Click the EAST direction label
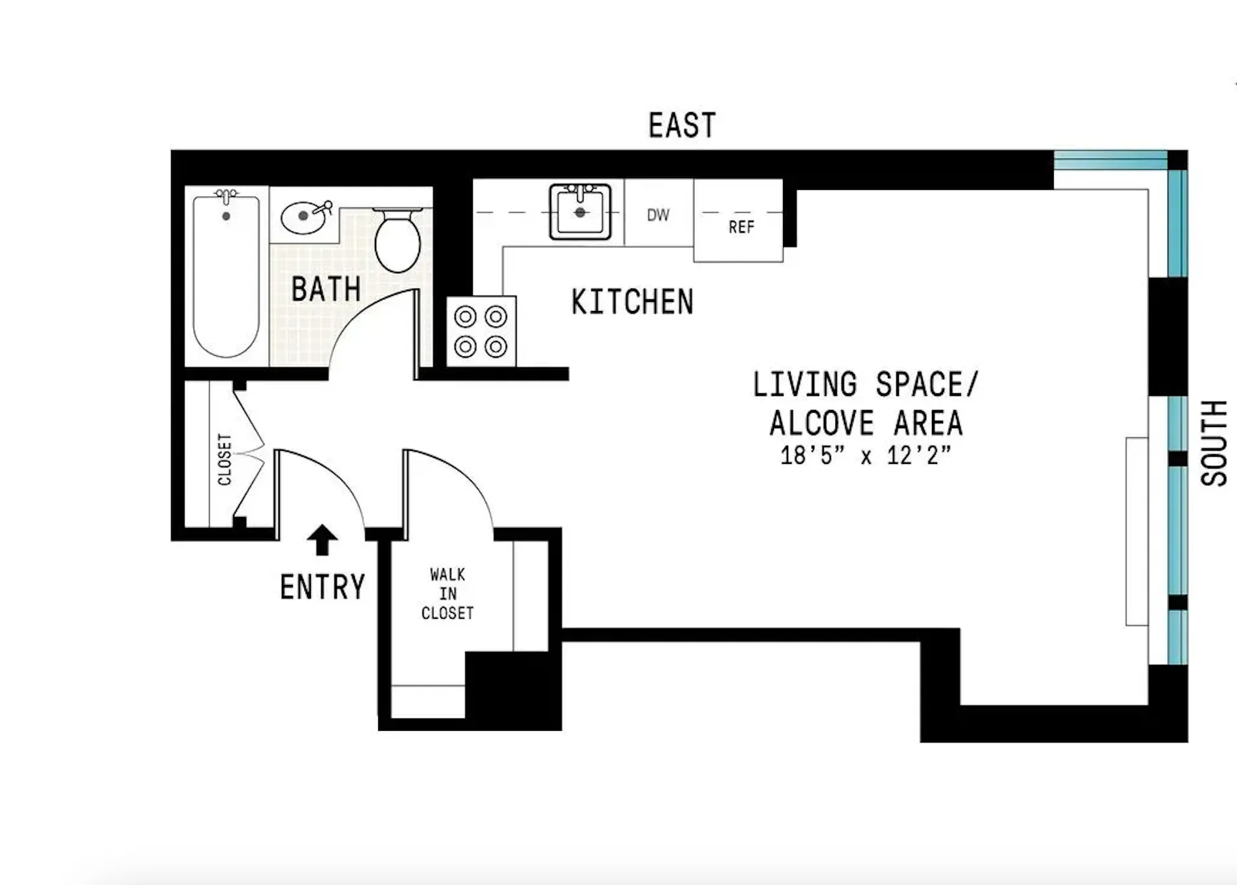click(682, 125)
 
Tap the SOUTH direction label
click(1214, 443)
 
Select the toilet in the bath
click(397, 240)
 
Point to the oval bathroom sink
click(303, 216)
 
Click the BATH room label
click(326, 289)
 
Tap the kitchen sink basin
click(580, 212)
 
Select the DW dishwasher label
click(658, 214)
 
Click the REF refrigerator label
click(741, 227)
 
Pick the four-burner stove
click(481, 332)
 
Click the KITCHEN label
click(632, 302)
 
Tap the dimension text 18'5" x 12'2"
click(865, 455)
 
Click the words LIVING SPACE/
click(865, 385)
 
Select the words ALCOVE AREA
click(866, 424)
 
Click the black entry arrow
click(322, 539)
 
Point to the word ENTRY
click(323, 587)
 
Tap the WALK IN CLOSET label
click(448, 593)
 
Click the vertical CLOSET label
click(224, 459)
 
